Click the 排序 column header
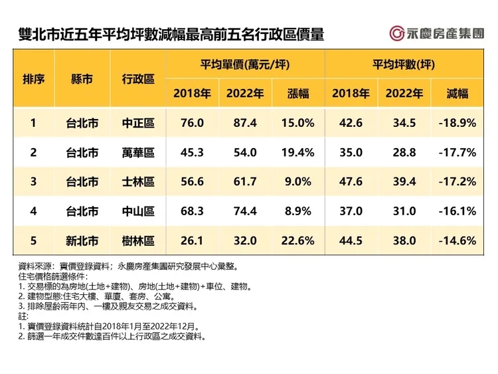(x=34, y=79)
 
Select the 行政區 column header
(x=139, y=79)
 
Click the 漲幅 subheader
(x=298, y=94)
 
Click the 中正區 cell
(x=139, y=123)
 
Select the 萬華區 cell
(x=139, y=153)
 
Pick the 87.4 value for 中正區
(x=245, y=123)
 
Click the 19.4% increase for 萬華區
(x=298, y=153)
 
